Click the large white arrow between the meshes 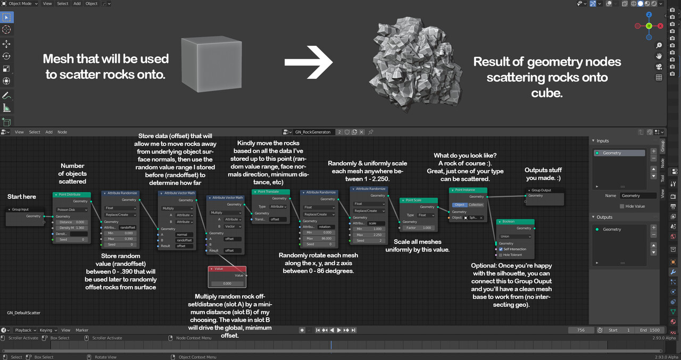click(x=309, y=62)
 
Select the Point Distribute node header click(x=72, y=195)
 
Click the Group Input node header click(x=25, y=210)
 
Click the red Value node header click(x=227, y=269)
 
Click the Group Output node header click(x=545, y=190)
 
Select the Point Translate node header click(x=270, y=192)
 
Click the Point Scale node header click(x=418, y=200)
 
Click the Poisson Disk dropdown click(x=71, y=210)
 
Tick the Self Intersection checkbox click(x=501, y=249)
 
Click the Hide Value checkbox click(x=622, y=206)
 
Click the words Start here click(x=22, y=197)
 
